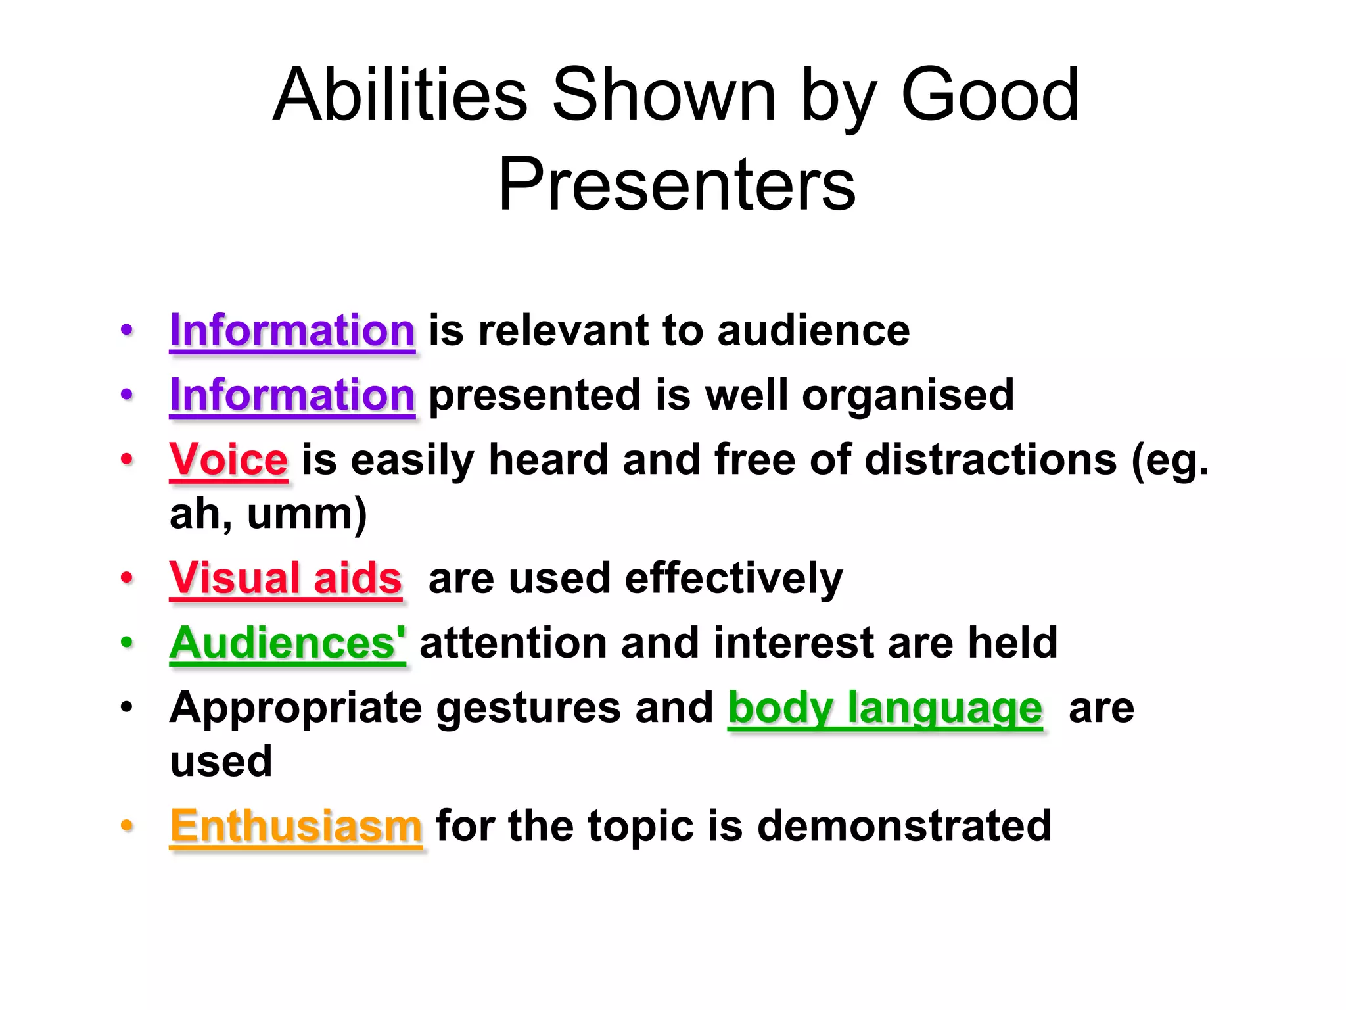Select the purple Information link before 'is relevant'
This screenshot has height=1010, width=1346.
pyautogui.click(x=292, y=330)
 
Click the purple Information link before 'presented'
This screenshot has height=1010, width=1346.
pyautogui.click(x=292, y=395)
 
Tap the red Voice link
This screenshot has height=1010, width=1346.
pyautogui.click(x=228, y=459)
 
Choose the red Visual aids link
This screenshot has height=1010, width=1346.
pyautogui.click(x=285, y=579)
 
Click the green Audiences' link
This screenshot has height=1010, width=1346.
pyautogui.click(x=287, y=642)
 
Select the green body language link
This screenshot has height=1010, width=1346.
pyautogui.click(x=885, y=708)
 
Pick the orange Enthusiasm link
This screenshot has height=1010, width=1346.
pyautogui.click(x=296, y=826)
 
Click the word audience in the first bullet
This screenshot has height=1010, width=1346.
pyautogui.click(x=813, y=330)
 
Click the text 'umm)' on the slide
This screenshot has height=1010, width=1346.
pyautogui.click(x=306, y=514)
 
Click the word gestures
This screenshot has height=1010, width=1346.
pyautogui.click(x=528, y=708)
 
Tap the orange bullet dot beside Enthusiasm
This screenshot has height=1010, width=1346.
pyautogui.click(x=127, y=826)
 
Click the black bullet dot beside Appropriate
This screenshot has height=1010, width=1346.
pyautogui.click(x=127, y=708)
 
